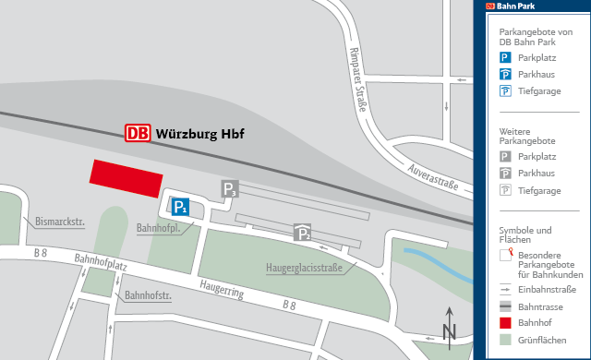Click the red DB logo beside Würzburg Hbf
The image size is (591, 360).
[138, 133]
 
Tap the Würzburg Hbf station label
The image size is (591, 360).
[199, 133]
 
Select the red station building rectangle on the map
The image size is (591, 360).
[126, 177]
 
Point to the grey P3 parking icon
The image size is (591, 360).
[229, 190]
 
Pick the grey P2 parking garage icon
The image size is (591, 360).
[302, 233]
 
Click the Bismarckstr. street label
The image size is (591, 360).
[61, 222]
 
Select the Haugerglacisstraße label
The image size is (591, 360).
[304, 270]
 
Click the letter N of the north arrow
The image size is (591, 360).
[449, 330]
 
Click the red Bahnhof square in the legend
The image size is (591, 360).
[505, 323]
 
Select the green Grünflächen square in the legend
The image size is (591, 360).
[505, 340]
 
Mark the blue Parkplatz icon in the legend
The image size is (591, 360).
[505, 57]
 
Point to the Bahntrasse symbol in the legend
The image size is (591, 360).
[505, 306]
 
